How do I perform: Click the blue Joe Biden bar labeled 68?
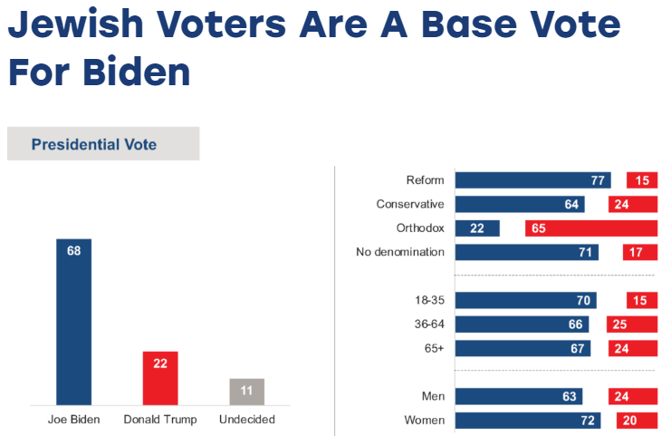click(x=73, y=321)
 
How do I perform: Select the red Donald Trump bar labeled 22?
click(x=160, y=377)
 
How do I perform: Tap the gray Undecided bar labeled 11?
click(x=246, y=391)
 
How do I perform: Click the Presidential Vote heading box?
click(x=103, y=144)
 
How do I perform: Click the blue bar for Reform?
click(x=532, y=180)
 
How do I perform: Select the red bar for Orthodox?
click(x=590, y=228)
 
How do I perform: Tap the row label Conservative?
click(x=410, y=205)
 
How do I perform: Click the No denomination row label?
click(x=400, y=252)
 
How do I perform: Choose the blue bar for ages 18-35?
click(x=525, y=301)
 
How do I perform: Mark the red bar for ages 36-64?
click(x=631, y=325)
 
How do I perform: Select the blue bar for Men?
click(x=518, y=396)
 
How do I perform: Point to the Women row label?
click(x=423, y=421)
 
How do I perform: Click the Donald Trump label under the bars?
click(x=160, y=420)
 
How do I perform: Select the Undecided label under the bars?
click(x=246, y=420)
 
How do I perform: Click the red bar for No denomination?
click(x=639, y=252)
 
